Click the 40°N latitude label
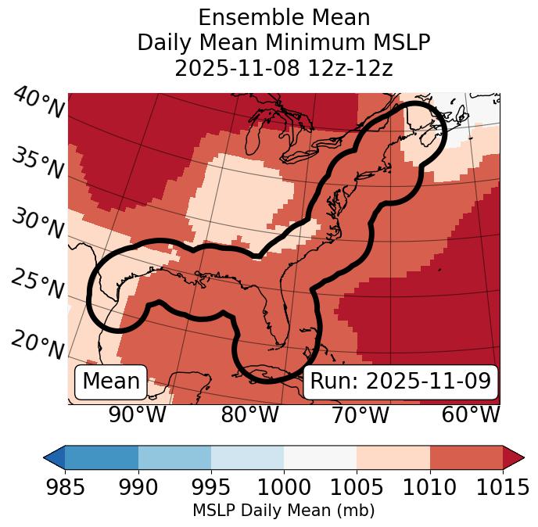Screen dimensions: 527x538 [38, 104]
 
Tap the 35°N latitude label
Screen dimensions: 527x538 [38, 163]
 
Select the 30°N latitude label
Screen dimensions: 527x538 [38, 225]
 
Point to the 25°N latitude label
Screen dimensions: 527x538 [38, 285]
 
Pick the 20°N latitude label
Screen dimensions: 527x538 [38, 344]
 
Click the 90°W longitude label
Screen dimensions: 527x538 [138, 415]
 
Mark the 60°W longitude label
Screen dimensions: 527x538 [471, 415]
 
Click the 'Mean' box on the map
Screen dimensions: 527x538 [111, 382]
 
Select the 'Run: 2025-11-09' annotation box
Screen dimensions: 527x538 [400, 382]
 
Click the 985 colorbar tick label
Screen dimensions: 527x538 [66, 488]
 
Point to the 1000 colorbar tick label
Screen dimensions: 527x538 [284, 488]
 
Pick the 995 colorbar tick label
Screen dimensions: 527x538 [211, 488]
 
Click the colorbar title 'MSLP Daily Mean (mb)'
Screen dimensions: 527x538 [284, 511]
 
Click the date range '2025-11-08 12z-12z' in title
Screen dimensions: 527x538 [284, 68]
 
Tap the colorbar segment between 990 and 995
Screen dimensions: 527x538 [174, 457]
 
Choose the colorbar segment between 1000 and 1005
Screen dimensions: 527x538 [320, 457]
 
